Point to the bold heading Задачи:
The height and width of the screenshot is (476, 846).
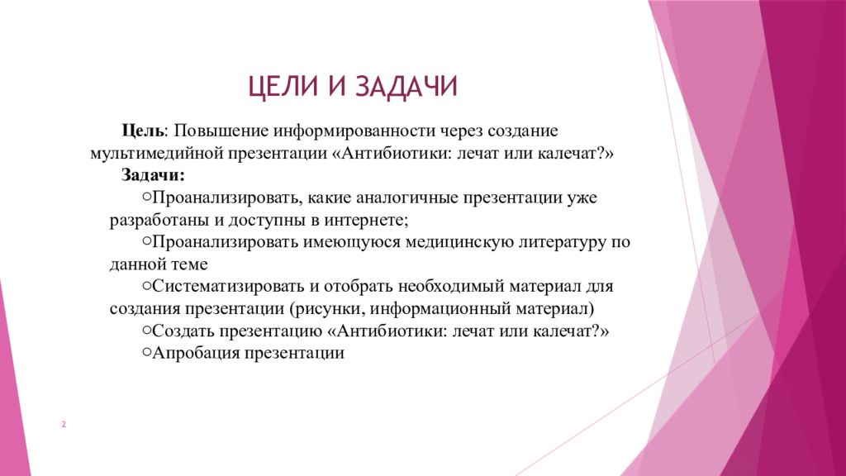coord(154,175)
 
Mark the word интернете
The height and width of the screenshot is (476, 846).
coord(367,221)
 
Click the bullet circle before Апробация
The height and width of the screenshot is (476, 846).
coord(146,352)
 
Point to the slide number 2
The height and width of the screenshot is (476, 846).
coord(64,425)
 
